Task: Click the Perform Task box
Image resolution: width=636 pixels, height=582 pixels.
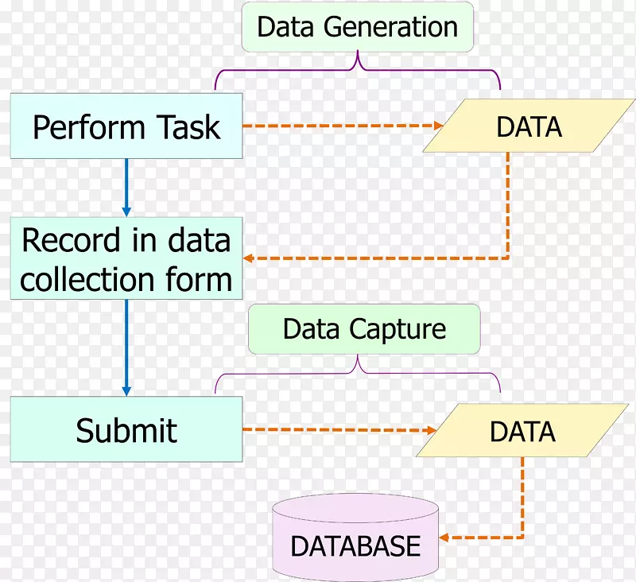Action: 126,126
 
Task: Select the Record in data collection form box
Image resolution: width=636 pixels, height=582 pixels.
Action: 126,259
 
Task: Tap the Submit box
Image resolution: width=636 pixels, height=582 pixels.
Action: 126,430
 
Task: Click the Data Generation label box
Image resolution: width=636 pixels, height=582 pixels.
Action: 357,27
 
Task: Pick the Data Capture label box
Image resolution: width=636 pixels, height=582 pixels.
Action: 364,329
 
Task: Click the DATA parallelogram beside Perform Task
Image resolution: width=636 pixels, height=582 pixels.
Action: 529,126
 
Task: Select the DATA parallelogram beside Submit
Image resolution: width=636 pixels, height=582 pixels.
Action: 522,431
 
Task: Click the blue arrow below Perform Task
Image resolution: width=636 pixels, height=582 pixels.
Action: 126,187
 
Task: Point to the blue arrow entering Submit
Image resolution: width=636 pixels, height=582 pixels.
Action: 126,350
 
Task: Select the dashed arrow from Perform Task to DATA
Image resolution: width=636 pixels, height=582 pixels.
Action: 342,126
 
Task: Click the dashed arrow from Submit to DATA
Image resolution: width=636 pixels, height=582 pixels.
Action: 338,430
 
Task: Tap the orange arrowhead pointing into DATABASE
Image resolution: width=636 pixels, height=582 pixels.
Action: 446,537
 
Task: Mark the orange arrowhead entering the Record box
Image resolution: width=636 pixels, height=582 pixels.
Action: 250,258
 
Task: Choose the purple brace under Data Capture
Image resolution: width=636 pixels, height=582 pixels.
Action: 358,371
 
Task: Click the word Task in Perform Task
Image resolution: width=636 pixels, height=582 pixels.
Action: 188,127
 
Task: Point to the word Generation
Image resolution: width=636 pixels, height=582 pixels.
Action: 390,27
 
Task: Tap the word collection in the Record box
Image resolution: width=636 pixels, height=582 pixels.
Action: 87,280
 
